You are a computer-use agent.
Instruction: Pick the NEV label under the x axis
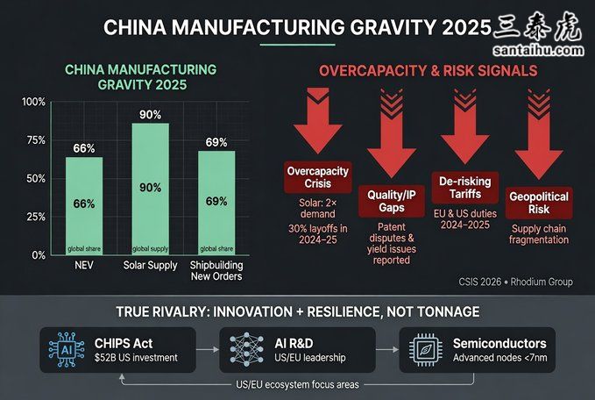84,264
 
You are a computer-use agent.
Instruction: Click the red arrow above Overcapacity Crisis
317,123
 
